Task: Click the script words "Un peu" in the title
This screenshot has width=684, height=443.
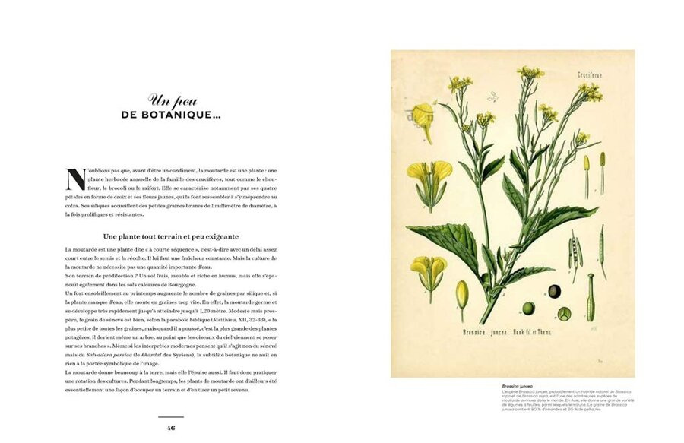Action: (166, 100)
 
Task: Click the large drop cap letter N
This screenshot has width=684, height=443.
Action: (76, 179)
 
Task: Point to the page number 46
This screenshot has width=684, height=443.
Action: (171, 428)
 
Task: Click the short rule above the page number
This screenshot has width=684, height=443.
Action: (171, 416)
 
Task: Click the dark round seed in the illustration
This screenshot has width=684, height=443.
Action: (555, 291)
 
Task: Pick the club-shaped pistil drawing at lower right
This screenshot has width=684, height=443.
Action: (590, 297)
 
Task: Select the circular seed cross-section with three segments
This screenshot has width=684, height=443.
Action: (565, 312)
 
